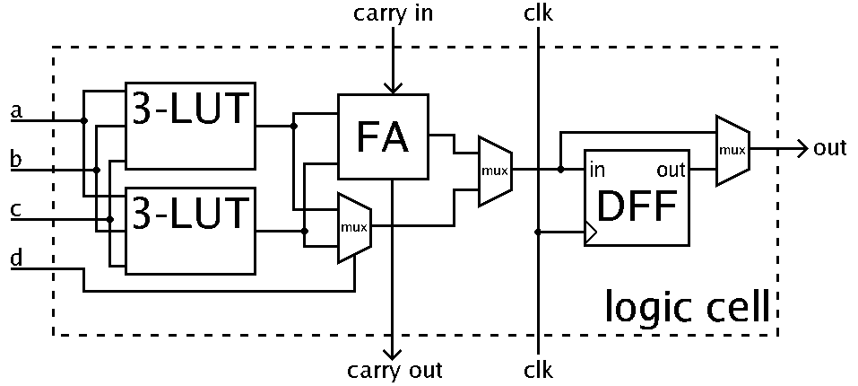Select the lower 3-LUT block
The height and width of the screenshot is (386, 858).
pyautogui.click(x=191, y=231)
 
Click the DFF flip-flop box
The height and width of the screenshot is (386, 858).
pyautogui.click(x=637, y=197)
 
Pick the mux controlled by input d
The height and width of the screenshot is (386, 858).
pyautogui.click(x=354, y=227)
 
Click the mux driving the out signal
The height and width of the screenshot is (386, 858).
pyautogui.click(x=732, y=150)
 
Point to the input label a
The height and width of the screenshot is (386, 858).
pyautogui.click(x=14, y=112)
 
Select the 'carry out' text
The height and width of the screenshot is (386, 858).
pyautogui.click(x=395, y=370)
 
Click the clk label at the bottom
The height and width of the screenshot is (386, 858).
pyautogui.click(x=539, y=370)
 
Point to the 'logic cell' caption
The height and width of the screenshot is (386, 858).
pyautogui.click(x=688, y=308)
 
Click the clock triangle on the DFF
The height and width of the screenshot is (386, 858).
pyautogui.click(x=590, y=233)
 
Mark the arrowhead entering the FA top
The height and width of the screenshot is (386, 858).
pyautogui.click(x=393, y=85)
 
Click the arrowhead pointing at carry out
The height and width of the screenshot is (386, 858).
pyautogui.click(x=393, y=351)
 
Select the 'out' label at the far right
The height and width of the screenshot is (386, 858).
pyautogui.click(x=830, y=149)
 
